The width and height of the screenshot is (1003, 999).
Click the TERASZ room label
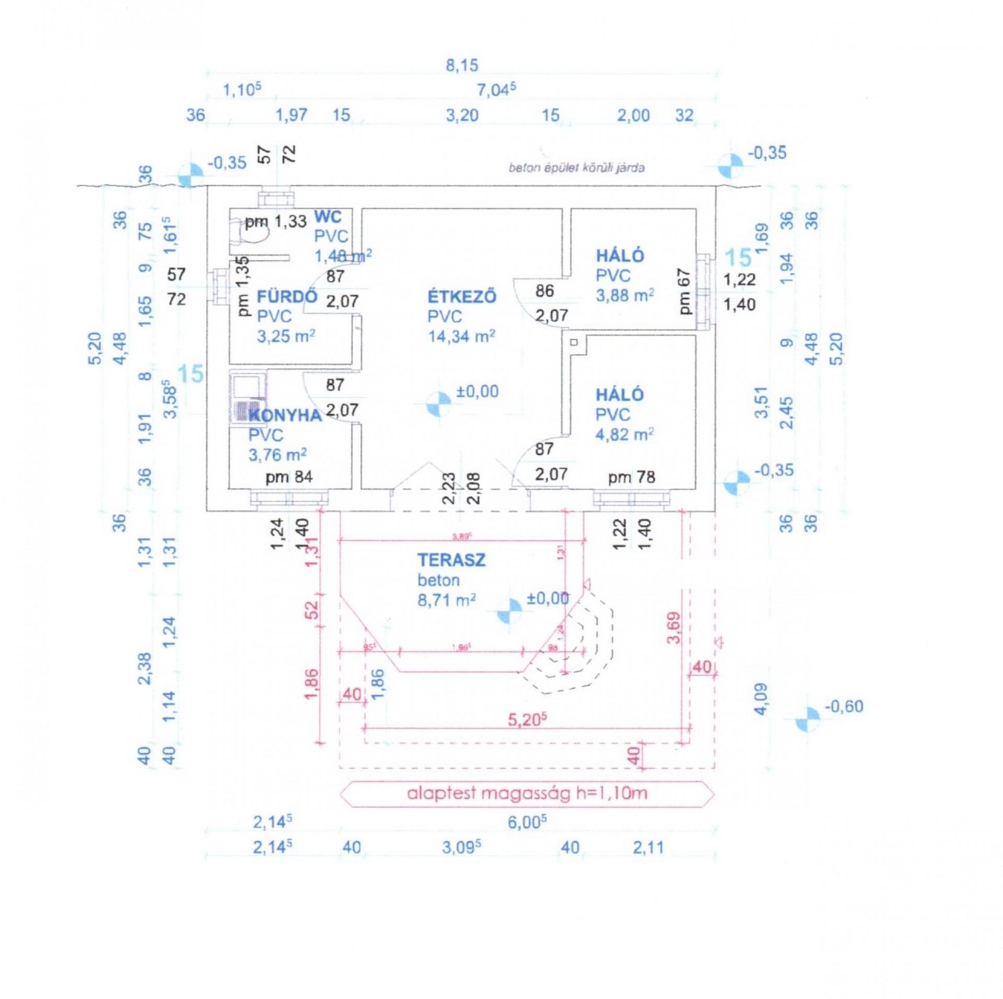[451, 560]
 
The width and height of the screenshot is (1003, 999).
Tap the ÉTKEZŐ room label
[462, 297]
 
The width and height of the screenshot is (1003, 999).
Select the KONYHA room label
[285, 415]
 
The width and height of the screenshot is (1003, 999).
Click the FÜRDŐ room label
[287, 297]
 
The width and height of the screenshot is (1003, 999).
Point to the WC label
[328, 216]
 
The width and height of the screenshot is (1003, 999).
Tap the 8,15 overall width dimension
[461, 66]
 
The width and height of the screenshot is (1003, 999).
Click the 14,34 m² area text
[461, 336]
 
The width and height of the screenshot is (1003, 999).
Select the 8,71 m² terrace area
[446, 600]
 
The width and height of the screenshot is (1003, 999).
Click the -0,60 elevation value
[844, 706]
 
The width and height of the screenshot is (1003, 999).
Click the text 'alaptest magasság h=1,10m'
[527, 793]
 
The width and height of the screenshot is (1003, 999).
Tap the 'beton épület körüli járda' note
[576, 168]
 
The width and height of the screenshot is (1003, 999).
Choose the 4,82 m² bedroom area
[625, 434]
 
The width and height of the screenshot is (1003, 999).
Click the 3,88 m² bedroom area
[625, 295]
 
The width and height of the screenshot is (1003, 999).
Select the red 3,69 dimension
[674, 627]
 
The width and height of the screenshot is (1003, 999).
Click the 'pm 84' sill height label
[289, 477]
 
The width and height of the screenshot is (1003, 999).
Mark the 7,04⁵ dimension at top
[496, 90]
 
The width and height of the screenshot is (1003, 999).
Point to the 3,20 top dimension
[462, 115]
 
